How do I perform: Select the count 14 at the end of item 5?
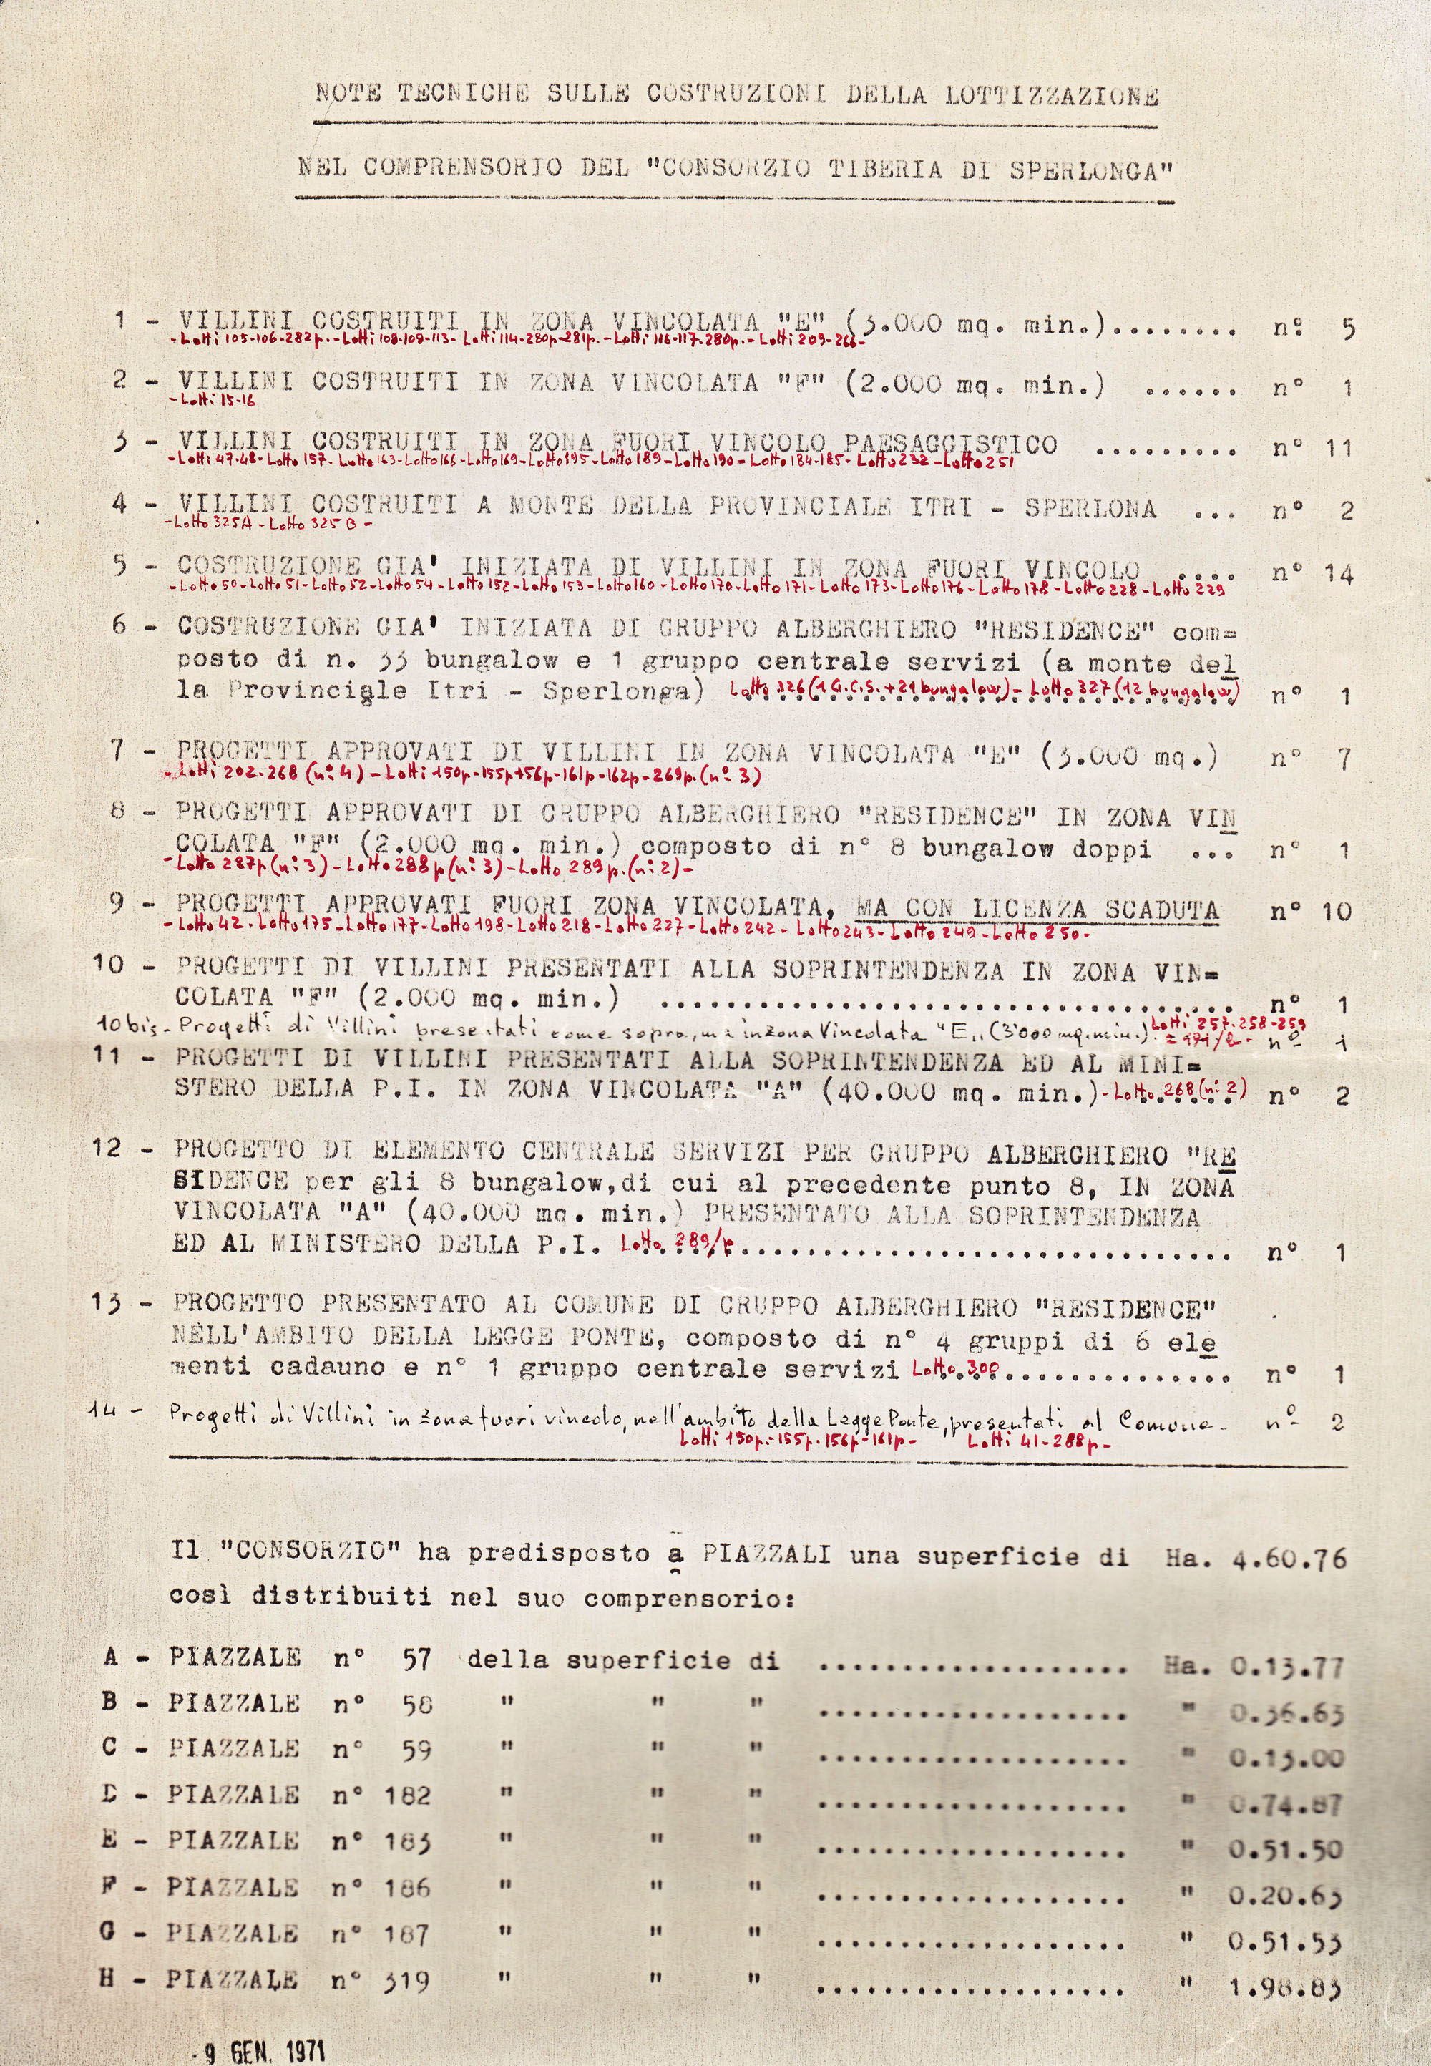tap(1338, 575)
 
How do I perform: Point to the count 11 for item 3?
tap(1338, 447)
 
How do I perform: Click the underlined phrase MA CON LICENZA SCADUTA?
tap(1038, 910)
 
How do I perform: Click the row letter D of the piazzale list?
tap(110, 1794)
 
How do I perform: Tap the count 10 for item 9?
tap(1336, 912)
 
